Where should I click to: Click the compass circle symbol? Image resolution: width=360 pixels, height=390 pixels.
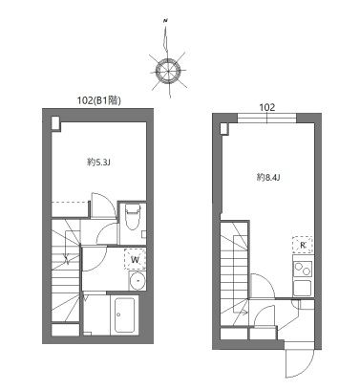[x=168, y=71]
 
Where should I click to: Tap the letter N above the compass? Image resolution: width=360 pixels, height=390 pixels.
[x=165, y=21]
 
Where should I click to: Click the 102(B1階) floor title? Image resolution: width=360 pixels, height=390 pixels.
[x=99, y=100]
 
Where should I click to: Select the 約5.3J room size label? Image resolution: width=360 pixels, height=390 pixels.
[x=98, y=162]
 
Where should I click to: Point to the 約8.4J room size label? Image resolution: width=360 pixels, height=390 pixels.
[x=268, y=178]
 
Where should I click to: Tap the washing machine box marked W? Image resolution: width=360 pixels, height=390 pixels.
[x=135, y=259]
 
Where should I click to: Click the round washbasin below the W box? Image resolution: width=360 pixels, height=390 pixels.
[x=138, y=281]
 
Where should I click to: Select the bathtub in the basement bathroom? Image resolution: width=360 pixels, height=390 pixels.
[x=124, y=314]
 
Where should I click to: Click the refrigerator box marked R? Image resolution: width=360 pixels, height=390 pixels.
[x=303, y=245]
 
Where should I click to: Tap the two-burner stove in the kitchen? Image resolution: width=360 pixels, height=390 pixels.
[x=303, y=269]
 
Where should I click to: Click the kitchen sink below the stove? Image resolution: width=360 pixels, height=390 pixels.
[x=302, y=288]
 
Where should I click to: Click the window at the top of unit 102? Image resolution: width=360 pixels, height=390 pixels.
[x=266, y=119]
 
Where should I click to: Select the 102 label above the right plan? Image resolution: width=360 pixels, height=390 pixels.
[x=266, y=107]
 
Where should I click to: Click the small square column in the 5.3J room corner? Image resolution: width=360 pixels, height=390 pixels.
[x=55, y=123]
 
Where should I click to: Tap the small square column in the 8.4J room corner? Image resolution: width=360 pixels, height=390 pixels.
[x=224, y=129]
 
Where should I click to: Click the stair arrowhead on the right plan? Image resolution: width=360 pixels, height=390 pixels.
[x=245, y=313]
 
